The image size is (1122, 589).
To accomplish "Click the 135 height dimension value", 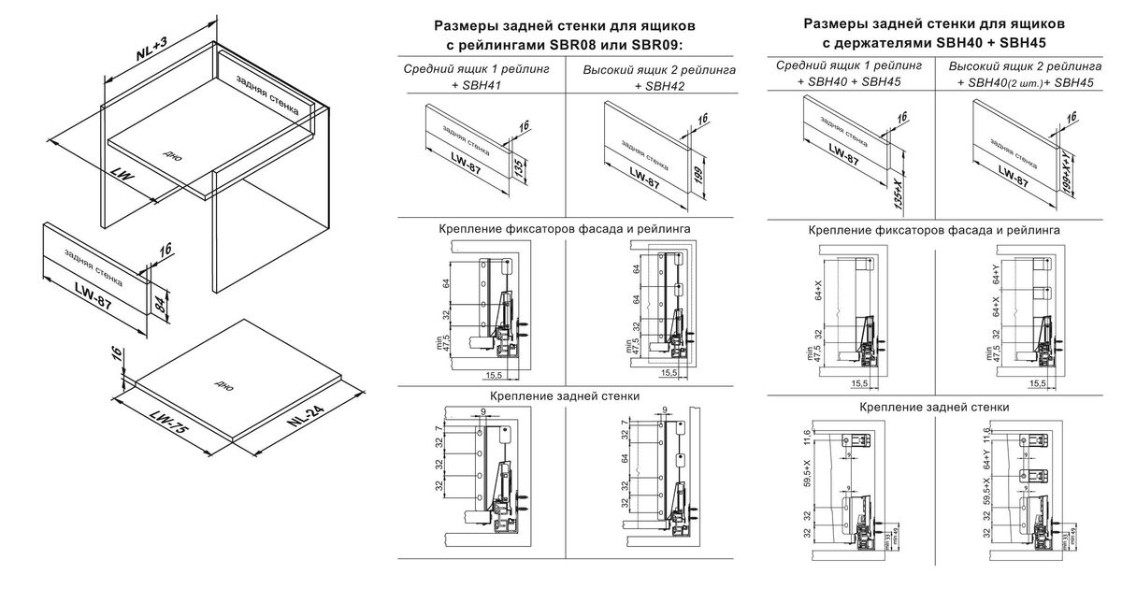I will [x=519, y=168].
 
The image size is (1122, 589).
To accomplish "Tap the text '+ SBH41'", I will [x=476, y=86].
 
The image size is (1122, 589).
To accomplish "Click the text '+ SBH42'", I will [x=658, y=86].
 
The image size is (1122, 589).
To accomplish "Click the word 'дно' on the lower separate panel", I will [x=223, y=383].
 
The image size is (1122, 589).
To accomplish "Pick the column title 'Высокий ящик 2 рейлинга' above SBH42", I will [x=658, y=70].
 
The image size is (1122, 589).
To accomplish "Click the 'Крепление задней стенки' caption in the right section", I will [x=934, y=407].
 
